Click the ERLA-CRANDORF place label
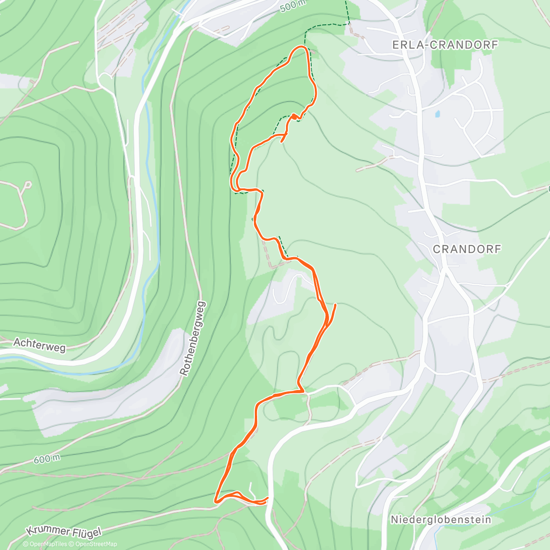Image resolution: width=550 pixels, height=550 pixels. point(445,45)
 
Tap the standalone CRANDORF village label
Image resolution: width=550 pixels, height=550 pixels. point(467,249)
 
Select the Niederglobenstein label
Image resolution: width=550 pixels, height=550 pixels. point(440,520)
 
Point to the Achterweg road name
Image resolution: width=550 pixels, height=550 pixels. point(39,345)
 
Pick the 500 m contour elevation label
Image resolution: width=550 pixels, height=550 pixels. point(292,5)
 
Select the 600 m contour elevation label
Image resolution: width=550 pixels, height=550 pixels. point(46,458)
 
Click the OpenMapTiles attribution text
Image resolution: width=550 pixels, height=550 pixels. point(48,544)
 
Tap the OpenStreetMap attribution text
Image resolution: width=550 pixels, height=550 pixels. point(96,544)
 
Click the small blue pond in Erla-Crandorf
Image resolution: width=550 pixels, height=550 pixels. point(438,113)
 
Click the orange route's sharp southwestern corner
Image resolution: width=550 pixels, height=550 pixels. point(215,501)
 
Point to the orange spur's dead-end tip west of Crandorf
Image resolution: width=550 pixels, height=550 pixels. point(335,304)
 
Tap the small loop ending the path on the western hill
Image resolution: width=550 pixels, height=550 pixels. point(27,185)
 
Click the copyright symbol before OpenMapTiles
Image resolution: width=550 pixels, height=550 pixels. point(26,544)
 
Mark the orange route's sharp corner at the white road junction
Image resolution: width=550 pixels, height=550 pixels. point(302,391)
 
